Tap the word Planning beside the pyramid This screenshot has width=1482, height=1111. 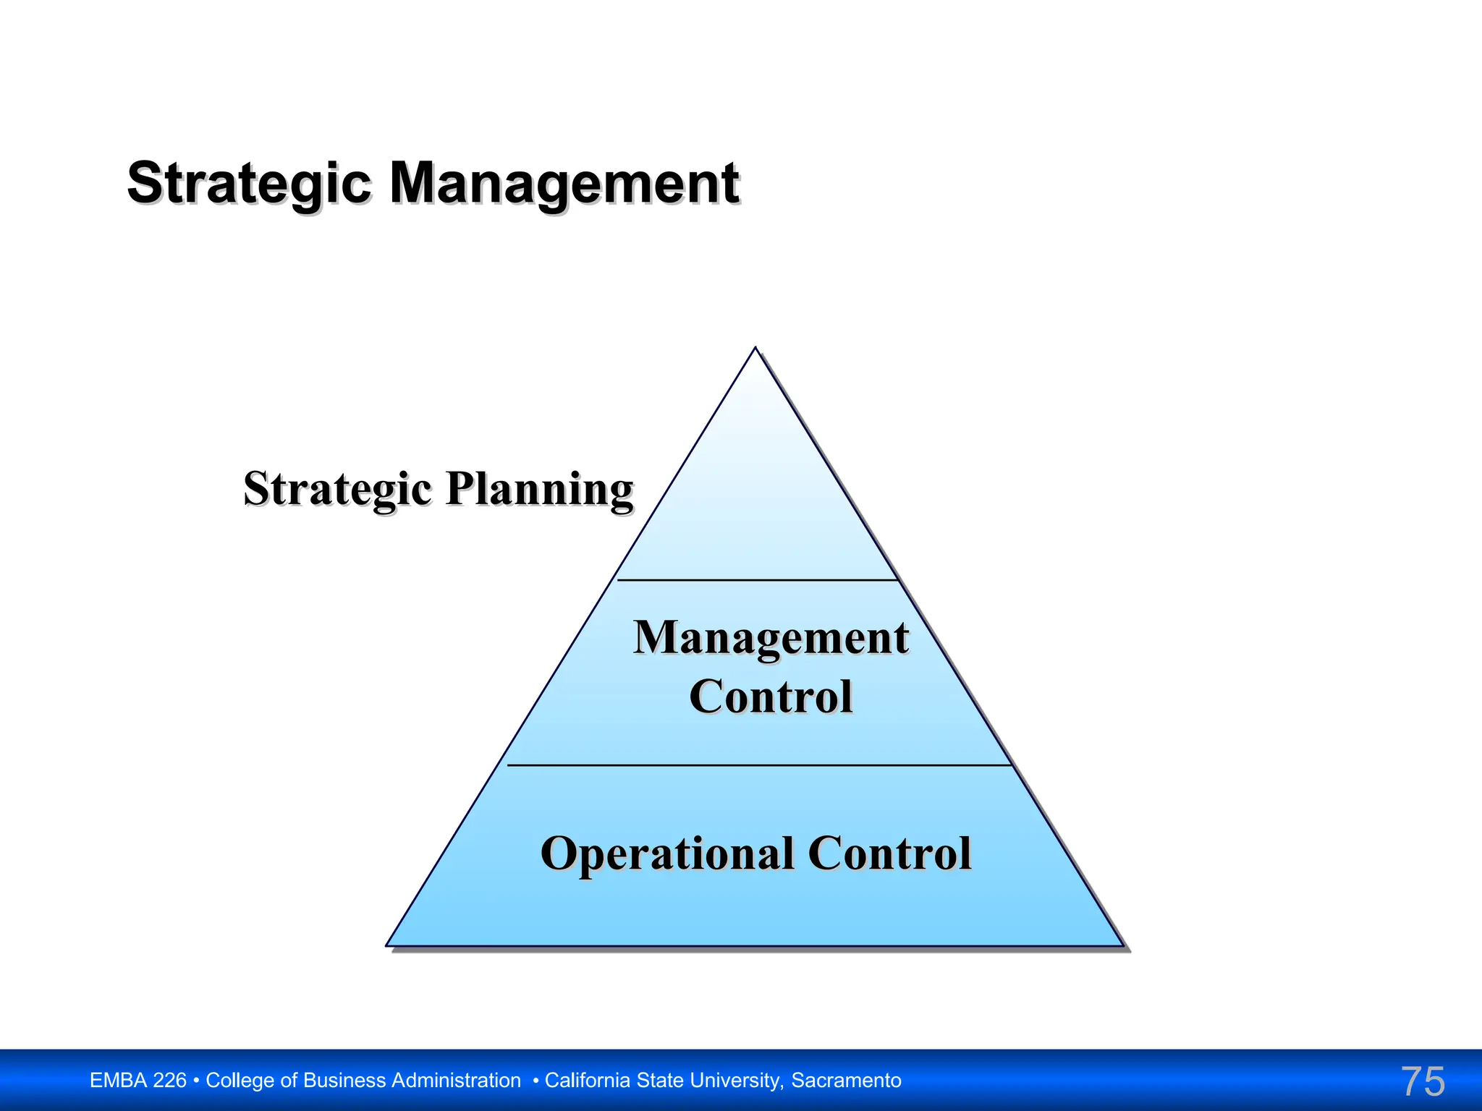(540, 490)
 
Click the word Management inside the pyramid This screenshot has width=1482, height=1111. (771, 638)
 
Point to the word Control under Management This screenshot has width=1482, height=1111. (771, 697)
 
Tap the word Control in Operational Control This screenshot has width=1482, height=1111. (889, 854)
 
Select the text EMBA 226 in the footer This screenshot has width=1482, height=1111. (137, 1081)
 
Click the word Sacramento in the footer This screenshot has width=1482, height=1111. (846, 1081)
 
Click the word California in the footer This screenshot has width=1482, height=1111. (588, 1081)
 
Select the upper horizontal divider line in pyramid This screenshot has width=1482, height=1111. (757, 580)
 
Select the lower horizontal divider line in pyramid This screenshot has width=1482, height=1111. (758, 765)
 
